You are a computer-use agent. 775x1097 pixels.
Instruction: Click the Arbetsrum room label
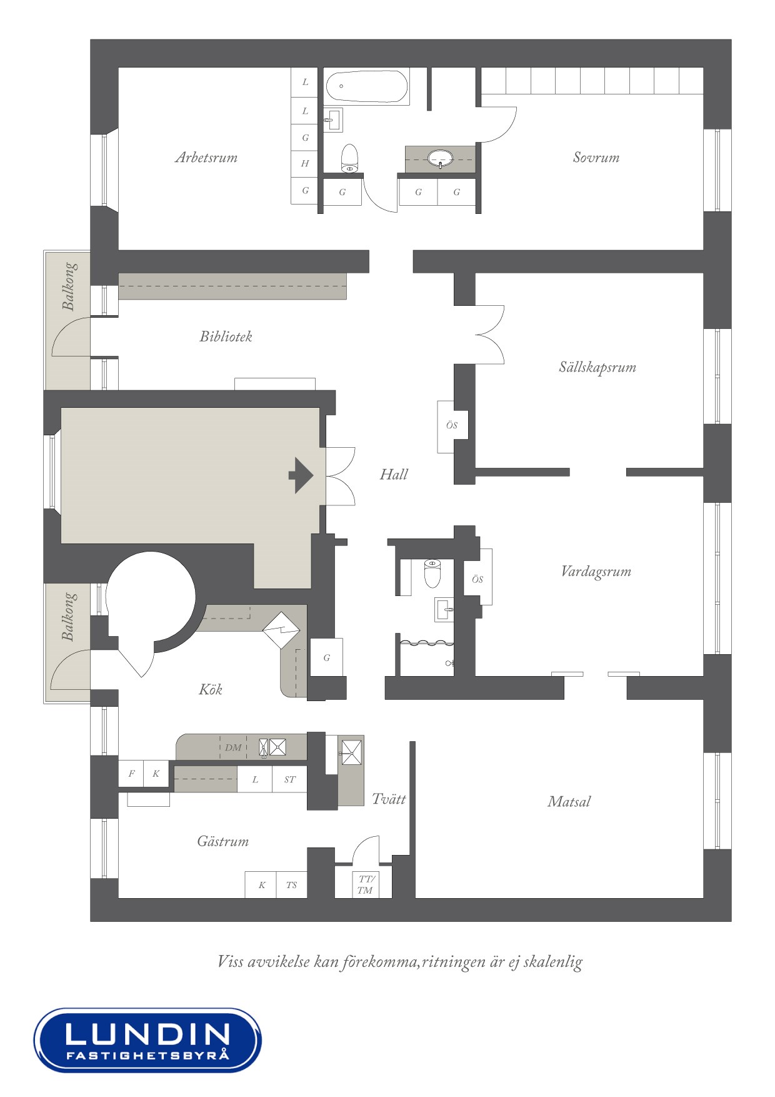click(x=206, y=158)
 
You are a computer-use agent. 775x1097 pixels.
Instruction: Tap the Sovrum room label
click(x=596, y=158)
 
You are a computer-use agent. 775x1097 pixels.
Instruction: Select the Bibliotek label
click(x=226, y=336)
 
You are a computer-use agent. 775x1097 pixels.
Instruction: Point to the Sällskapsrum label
click(x=597, y=367)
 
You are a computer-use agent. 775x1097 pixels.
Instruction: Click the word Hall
click(x=394, y=475)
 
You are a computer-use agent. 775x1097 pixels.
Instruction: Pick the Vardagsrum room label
click(x=596, y=572)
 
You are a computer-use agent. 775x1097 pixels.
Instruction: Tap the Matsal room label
click(x=569, y=802)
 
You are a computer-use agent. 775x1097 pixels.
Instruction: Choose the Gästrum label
click(x=223, y=841)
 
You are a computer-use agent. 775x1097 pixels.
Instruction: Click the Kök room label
click(x=211, y=689)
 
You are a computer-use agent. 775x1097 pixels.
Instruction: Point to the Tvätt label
click(x=389, y=799)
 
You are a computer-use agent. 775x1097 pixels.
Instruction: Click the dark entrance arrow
click(x=301, y=475)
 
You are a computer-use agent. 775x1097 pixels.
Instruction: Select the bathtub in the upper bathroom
click(x=367, y=86)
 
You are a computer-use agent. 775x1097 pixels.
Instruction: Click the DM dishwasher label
click(x=233, y=747)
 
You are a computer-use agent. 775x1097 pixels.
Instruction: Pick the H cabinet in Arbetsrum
click(x=305, y=164)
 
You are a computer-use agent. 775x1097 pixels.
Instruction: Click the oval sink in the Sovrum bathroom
click(x=441, y=158)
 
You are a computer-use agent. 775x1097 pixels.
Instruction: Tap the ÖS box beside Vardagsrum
click(x=477, y=579)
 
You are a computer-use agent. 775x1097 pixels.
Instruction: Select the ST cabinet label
click(x=290, y=780)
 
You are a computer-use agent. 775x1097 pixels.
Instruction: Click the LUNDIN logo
click(x=147, y=1040)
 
